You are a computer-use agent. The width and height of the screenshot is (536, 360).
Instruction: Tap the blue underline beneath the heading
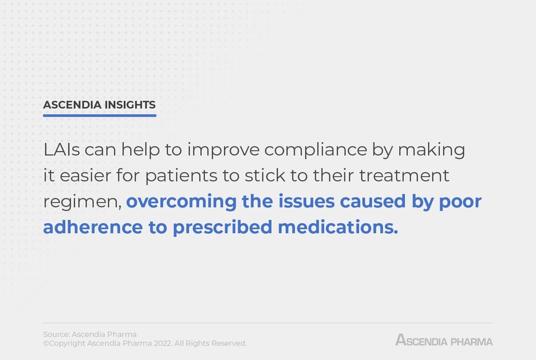pos(99,115)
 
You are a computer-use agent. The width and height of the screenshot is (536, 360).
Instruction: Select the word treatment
pos(403,176)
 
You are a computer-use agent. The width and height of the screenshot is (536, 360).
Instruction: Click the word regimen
pos(80,202)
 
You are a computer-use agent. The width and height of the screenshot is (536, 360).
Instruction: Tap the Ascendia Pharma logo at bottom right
pos(444,340)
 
